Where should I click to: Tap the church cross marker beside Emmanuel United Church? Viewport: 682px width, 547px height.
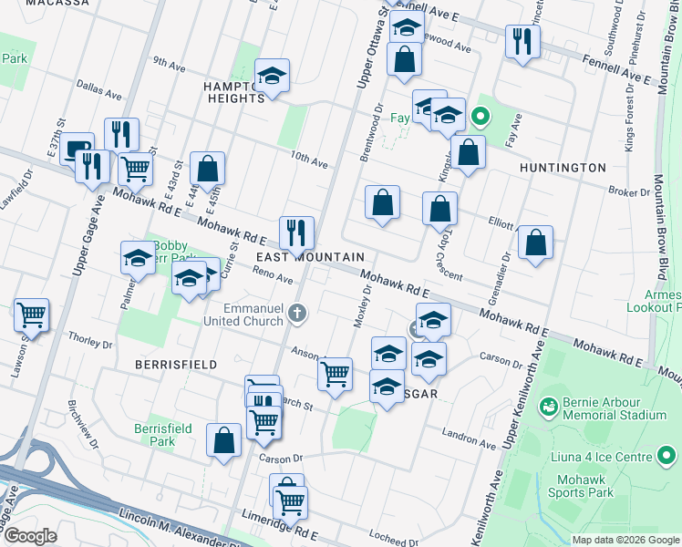point(296,315)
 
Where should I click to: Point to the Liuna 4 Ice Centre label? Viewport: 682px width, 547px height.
point(602,455)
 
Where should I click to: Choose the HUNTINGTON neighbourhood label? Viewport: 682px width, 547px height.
point(562,168)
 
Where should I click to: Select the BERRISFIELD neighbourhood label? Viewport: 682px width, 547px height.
point(176,365)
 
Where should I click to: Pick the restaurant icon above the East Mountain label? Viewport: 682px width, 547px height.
point(296,232)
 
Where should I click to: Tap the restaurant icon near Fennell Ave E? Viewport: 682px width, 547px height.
point(522,41)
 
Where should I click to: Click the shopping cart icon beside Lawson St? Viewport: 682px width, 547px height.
point(31,315)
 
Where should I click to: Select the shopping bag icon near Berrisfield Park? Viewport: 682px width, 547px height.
point(223,440)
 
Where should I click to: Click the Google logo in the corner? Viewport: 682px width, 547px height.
point(29,535)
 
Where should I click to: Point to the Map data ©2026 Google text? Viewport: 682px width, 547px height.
point(625,540)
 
